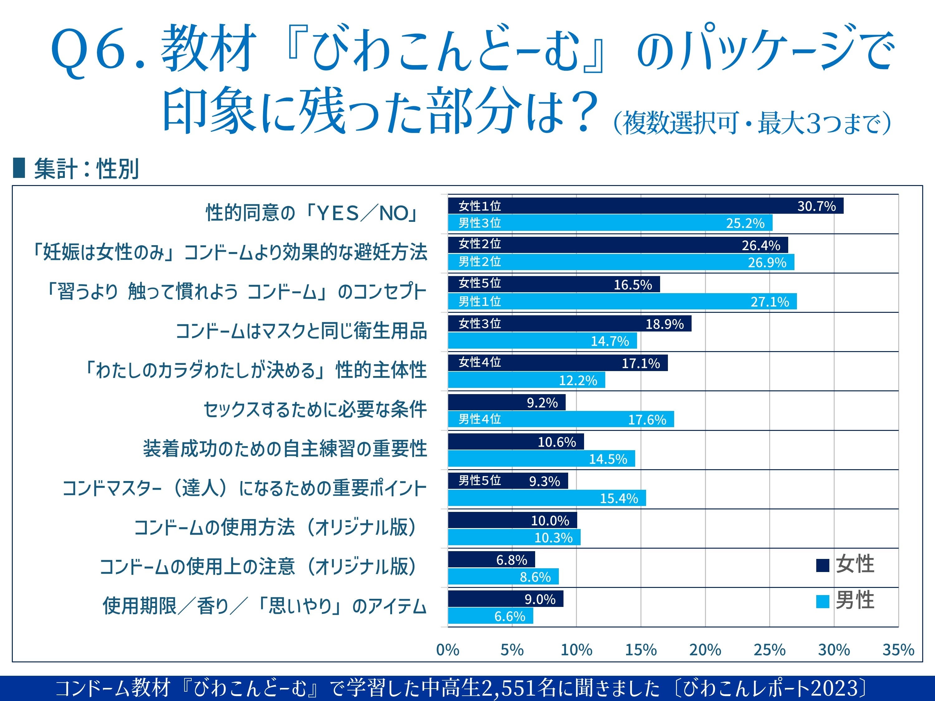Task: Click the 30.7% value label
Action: (816, 206)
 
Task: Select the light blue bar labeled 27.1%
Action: (622, 301)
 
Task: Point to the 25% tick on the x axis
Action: (769, 650)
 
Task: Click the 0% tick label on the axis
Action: (448, 650)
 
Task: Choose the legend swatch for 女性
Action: (822, 565)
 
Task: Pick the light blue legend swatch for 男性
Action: (822, 601)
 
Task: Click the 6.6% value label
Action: (510, 617)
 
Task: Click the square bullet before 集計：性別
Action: (19, 168)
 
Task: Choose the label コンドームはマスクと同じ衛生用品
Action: (301, 331)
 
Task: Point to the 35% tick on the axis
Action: (898, 650)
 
